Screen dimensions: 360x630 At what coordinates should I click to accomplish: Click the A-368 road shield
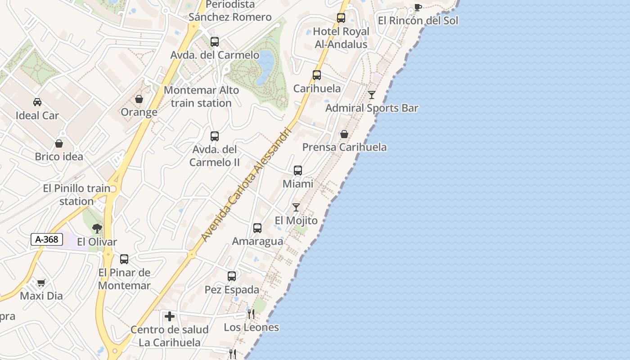47,239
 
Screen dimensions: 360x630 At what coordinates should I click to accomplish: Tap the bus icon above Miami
298,171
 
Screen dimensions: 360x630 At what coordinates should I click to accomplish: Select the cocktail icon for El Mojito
296,207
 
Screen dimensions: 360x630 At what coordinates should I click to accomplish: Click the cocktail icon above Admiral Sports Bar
372,94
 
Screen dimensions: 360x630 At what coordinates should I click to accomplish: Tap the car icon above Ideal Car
37,102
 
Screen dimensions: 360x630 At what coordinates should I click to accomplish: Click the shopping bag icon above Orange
139,99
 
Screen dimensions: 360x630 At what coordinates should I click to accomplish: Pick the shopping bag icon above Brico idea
59,144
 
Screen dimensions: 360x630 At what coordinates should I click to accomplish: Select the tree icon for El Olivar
97,229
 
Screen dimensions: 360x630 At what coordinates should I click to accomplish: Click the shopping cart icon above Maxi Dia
41,283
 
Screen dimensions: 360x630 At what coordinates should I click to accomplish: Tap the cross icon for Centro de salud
170,316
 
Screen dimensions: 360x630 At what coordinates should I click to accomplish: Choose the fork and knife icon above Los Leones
251,314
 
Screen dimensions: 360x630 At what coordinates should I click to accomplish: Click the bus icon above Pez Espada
232,276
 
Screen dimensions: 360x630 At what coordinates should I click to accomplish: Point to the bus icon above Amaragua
257,228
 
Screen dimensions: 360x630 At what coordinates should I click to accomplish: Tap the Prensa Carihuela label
344,147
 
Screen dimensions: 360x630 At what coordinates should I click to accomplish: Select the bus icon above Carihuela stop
317,75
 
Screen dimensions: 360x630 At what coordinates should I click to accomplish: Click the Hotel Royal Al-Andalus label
341,38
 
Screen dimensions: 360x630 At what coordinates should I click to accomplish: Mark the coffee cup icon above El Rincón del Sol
418,7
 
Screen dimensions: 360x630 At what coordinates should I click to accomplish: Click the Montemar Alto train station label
201,96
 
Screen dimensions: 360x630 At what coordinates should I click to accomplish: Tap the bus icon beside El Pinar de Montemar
124,259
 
